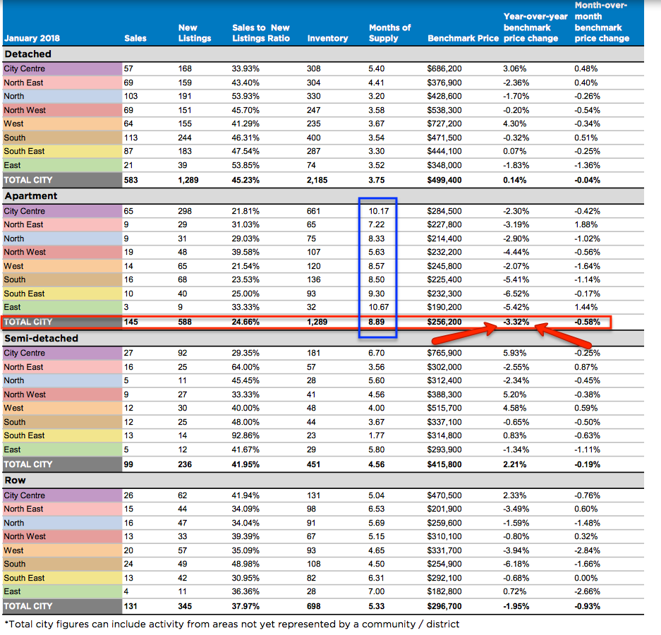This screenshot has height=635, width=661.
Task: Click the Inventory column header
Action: coord(327,38)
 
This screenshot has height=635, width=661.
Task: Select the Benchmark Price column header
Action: coord(463,38)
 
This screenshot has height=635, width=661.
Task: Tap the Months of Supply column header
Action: coord(389,33)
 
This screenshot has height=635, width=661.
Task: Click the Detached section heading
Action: coord(28,54)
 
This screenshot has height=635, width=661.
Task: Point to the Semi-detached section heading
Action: coord(42,338)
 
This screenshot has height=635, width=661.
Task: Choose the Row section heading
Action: coord(16,480)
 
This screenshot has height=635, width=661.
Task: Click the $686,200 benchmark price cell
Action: coord(444,68)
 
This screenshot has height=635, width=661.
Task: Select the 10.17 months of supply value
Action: coord(379,211)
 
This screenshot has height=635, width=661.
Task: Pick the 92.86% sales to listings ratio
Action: coord(245,435)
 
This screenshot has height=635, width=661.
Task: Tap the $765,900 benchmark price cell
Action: coord(444,353)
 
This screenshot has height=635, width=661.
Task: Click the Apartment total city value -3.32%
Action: coord(516,322)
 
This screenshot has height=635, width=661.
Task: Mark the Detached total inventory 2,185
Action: coord(317,180)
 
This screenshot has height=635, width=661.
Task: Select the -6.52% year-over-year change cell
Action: coord(516,294)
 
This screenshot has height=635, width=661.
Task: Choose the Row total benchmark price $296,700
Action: coord(444,606)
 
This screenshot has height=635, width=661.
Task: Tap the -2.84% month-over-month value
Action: coord(587,550)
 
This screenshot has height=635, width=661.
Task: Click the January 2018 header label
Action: coord(32,38)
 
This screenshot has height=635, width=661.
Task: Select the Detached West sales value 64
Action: coord(128,123)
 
